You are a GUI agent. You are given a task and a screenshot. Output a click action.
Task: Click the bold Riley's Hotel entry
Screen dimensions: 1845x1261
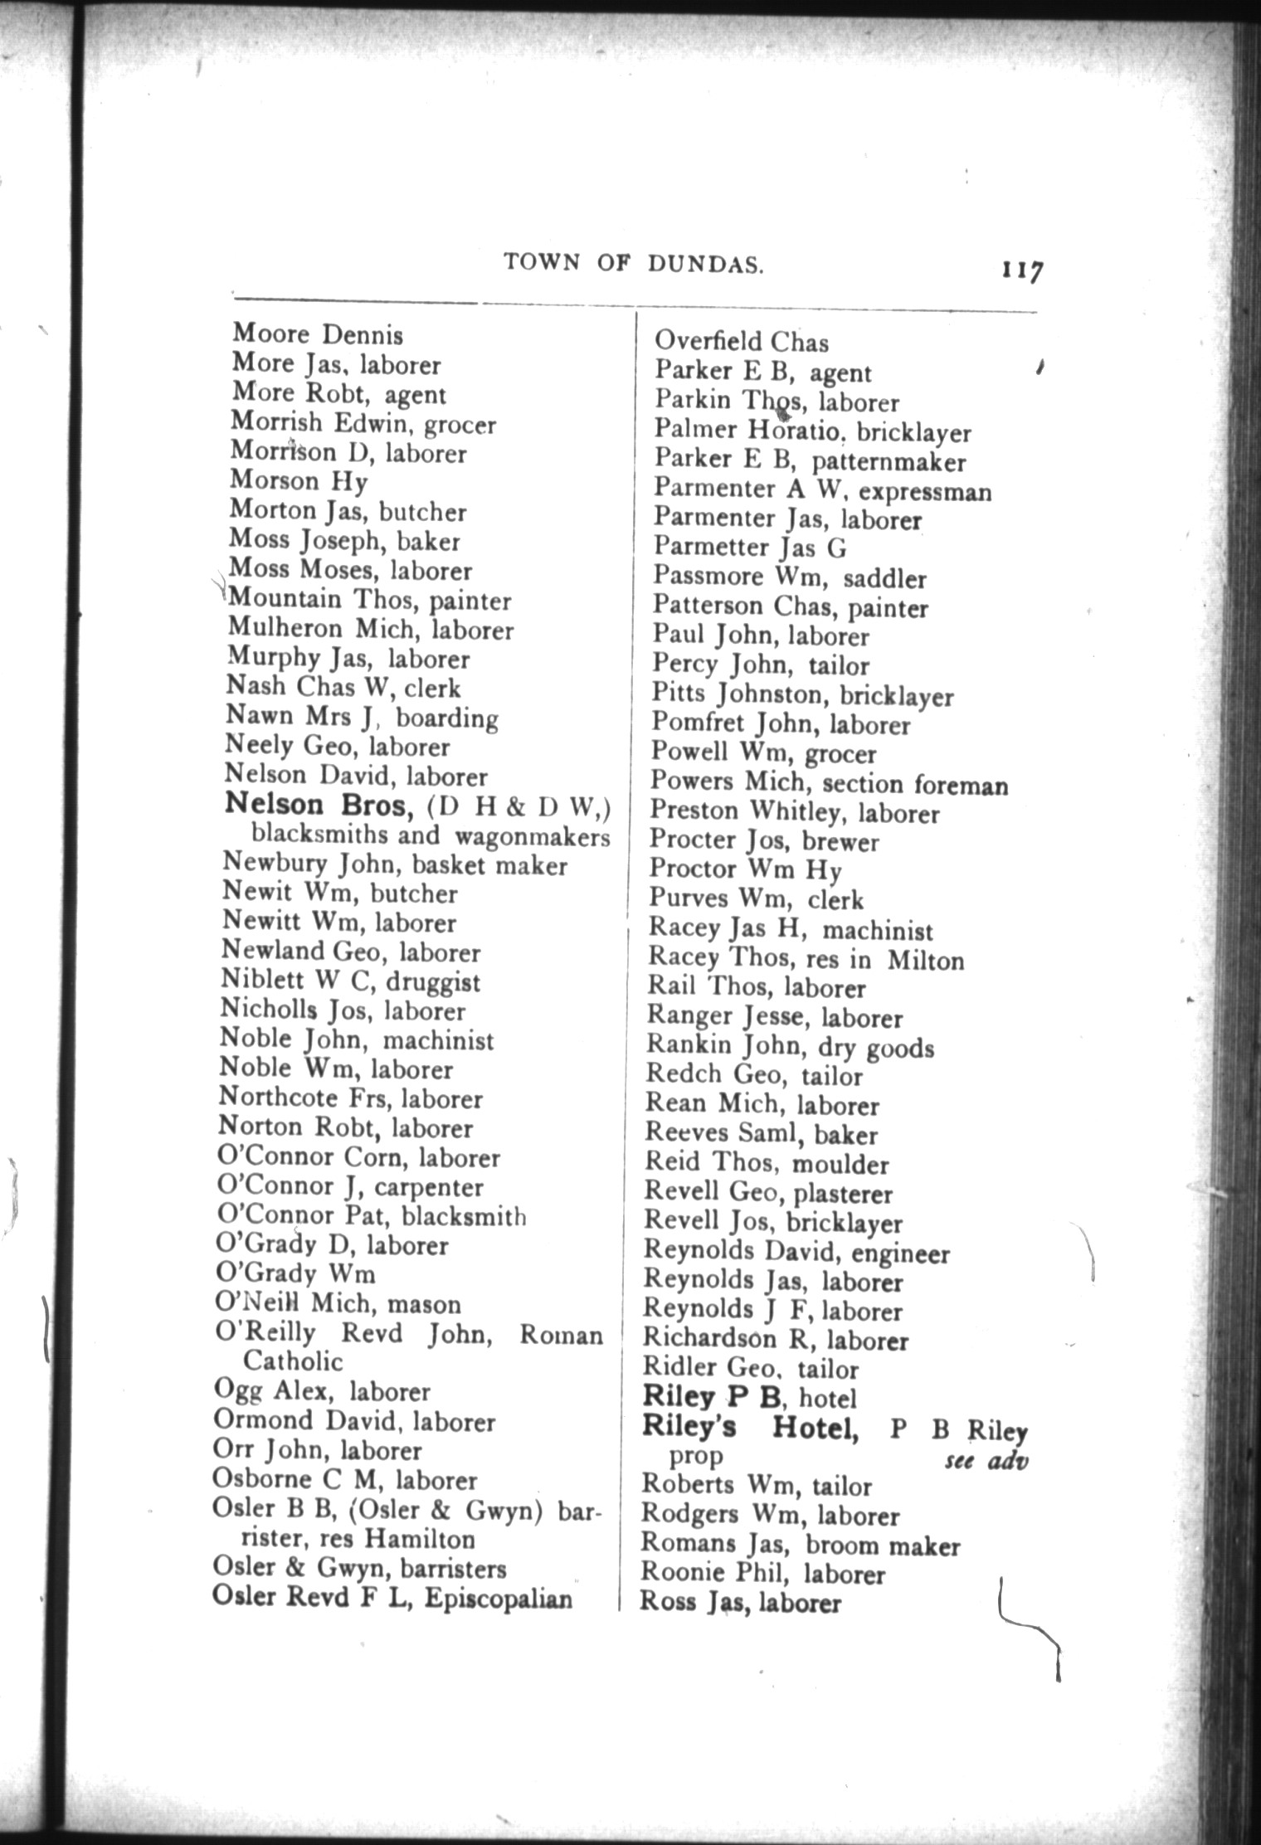click(x=750, y=1428)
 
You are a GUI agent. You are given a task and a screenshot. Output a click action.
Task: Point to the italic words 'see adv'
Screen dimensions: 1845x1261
click(x=986, y=1460)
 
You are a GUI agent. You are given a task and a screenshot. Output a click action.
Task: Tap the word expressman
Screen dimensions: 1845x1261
click(x=925, y=492)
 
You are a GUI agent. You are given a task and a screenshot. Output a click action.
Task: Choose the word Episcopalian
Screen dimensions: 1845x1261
click(x=499, y=1598)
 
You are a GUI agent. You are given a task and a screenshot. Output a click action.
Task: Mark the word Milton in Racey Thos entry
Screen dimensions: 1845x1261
click(x=926, y=961)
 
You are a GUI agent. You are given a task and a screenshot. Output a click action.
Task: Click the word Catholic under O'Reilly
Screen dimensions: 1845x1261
click(x=293, y=1361)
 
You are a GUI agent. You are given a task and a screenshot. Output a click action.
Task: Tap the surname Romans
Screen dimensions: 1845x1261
click(x=679, y=1544)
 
